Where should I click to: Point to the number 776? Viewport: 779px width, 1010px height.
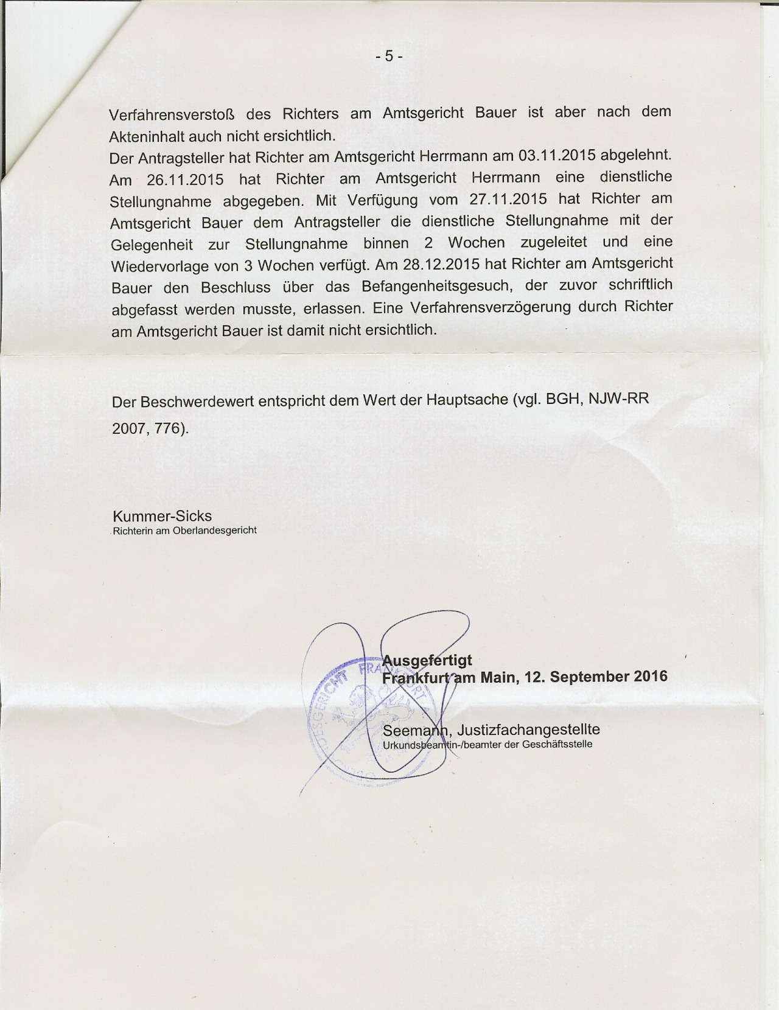[167, 428]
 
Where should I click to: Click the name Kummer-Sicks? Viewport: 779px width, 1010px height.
[162, 516]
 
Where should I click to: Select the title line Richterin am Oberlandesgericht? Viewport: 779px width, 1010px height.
[185, 531]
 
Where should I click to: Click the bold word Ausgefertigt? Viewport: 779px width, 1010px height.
[427, 660]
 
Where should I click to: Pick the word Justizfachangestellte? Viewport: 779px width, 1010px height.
[528, 730]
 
